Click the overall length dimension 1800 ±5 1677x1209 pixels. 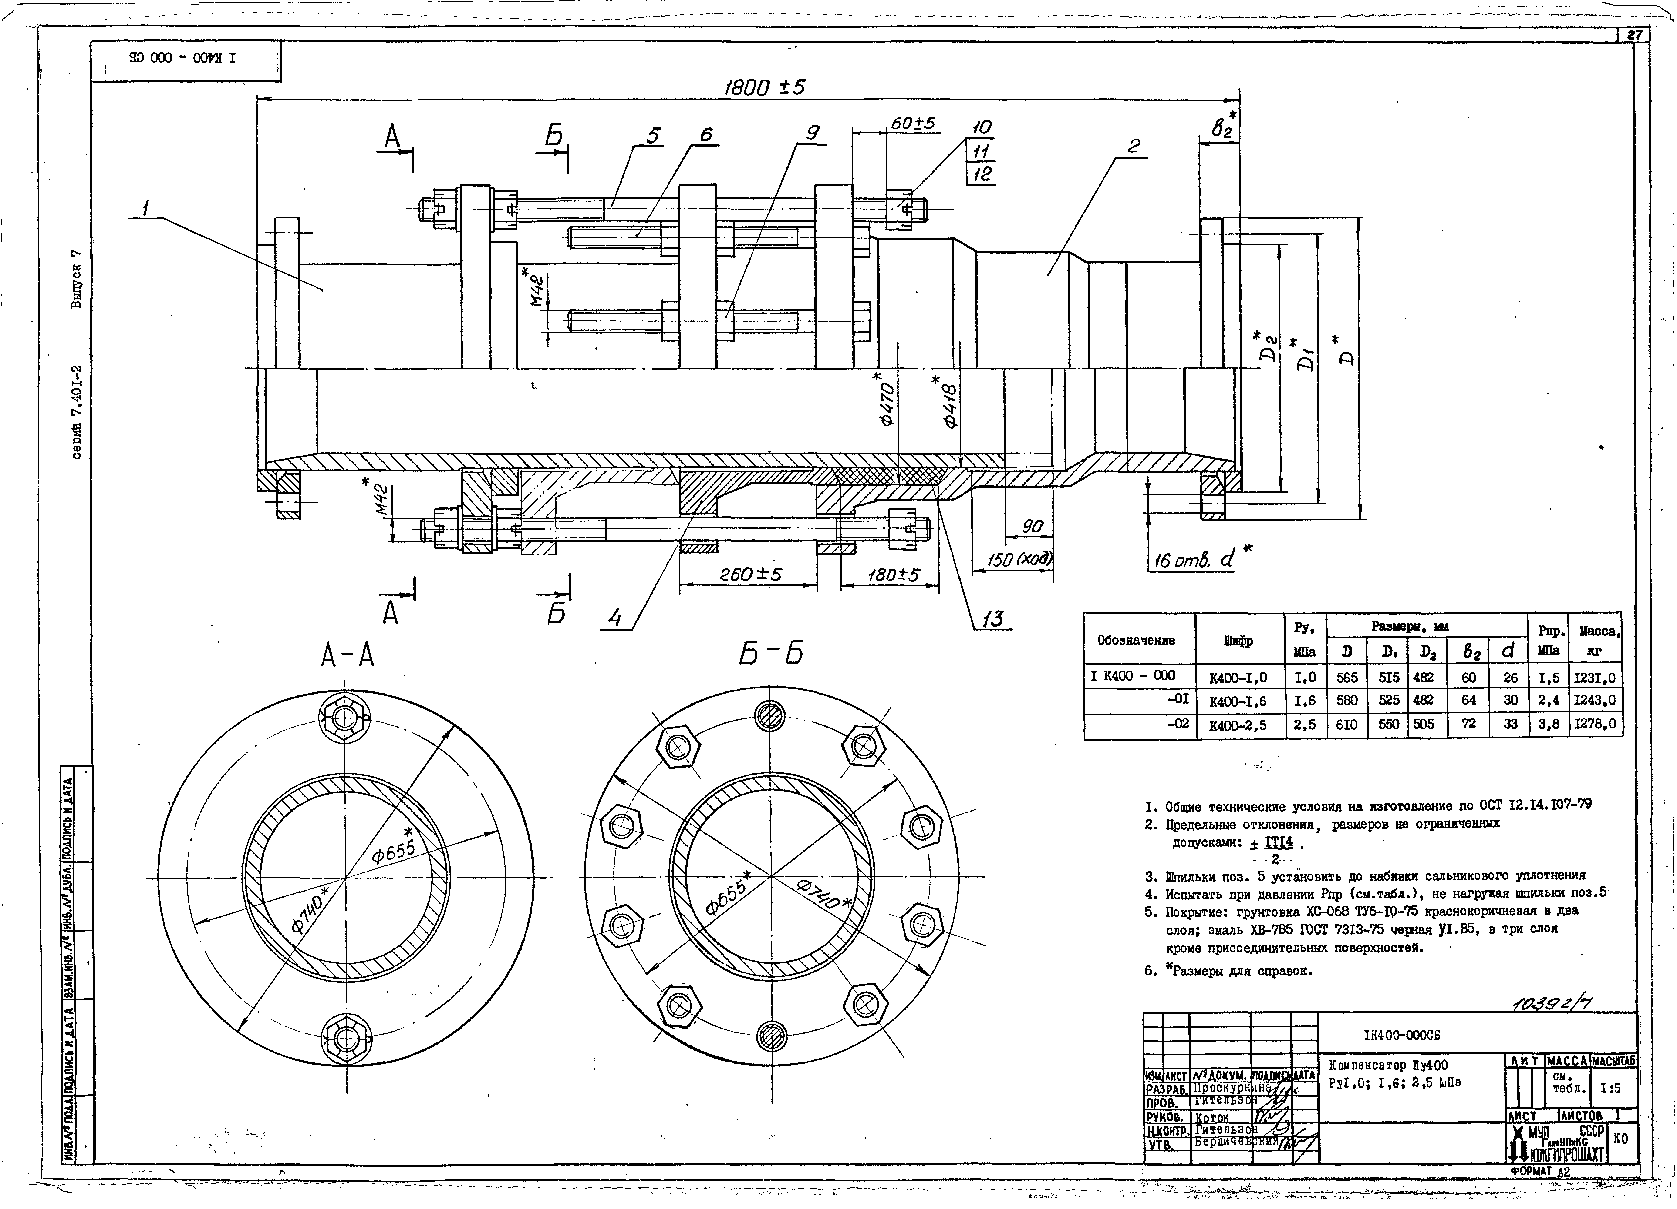pos(764,88)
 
